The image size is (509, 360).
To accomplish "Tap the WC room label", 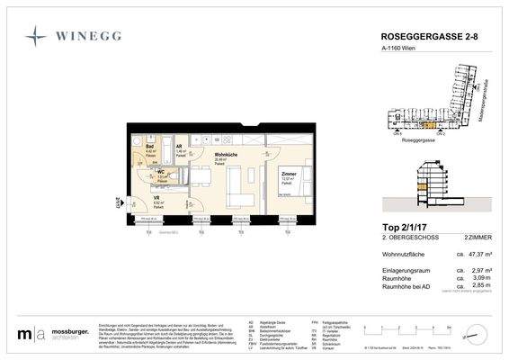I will pos(163,172).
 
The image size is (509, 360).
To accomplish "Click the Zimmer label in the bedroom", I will pos(289,173).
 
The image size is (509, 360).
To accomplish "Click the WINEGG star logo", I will pos(37,37).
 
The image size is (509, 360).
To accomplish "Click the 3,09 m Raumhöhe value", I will pos(477,280).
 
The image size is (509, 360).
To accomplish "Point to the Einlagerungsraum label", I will pos(397,270).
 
